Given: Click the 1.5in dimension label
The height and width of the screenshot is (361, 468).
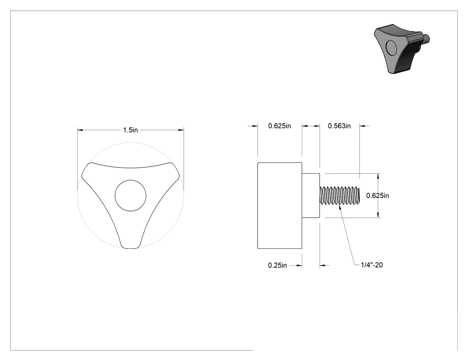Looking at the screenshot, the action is point(131,130).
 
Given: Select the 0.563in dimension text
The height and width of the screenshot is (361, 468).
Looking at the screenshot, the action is point(339,126).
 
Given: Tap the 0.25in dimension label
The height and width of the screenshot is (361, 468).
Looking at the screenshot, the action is point(277,265).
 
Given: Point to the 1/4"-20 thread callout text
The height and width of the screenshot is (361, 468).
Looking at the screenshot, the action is point(372,265).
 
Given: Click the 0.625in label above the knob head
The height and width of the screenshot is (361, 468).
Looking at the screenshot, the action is point(279,126).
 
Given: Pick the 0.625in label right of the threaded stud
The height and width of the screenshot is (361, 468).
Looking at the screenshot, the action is point(378,195).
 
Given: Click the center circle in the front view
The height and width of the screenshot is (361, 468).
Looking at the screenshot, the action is point(131,195).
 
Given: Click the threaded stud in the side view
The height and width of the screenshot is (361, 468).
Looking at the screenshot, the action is point(340,195).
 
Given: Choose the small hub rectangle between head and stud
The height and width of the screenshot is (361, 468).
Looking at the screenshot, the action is point(311,195).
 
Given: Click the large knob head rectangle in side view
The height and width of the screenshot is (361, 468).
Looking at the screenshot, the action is point(279,205).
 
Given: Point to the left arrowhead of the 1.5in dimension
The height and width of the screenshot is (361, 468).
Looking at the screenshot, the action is point(80,130).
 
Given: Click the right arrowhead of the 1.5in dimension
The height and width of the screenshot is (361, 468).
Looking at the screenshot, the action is point(181,130).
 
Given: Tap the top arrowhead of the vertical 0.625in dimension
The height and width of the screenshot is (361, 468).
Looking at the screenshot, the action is point(378,176).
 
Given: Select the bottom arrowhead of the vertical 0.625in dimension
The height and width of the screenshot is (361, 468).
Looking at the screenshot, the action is point(378,215).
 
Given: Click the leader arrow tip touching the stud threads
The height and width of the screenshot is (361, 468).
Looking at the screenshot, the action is point(339,205).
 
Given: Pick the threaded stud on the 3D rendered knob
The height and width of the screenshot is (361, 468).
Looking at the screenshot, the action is point(426,38).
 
